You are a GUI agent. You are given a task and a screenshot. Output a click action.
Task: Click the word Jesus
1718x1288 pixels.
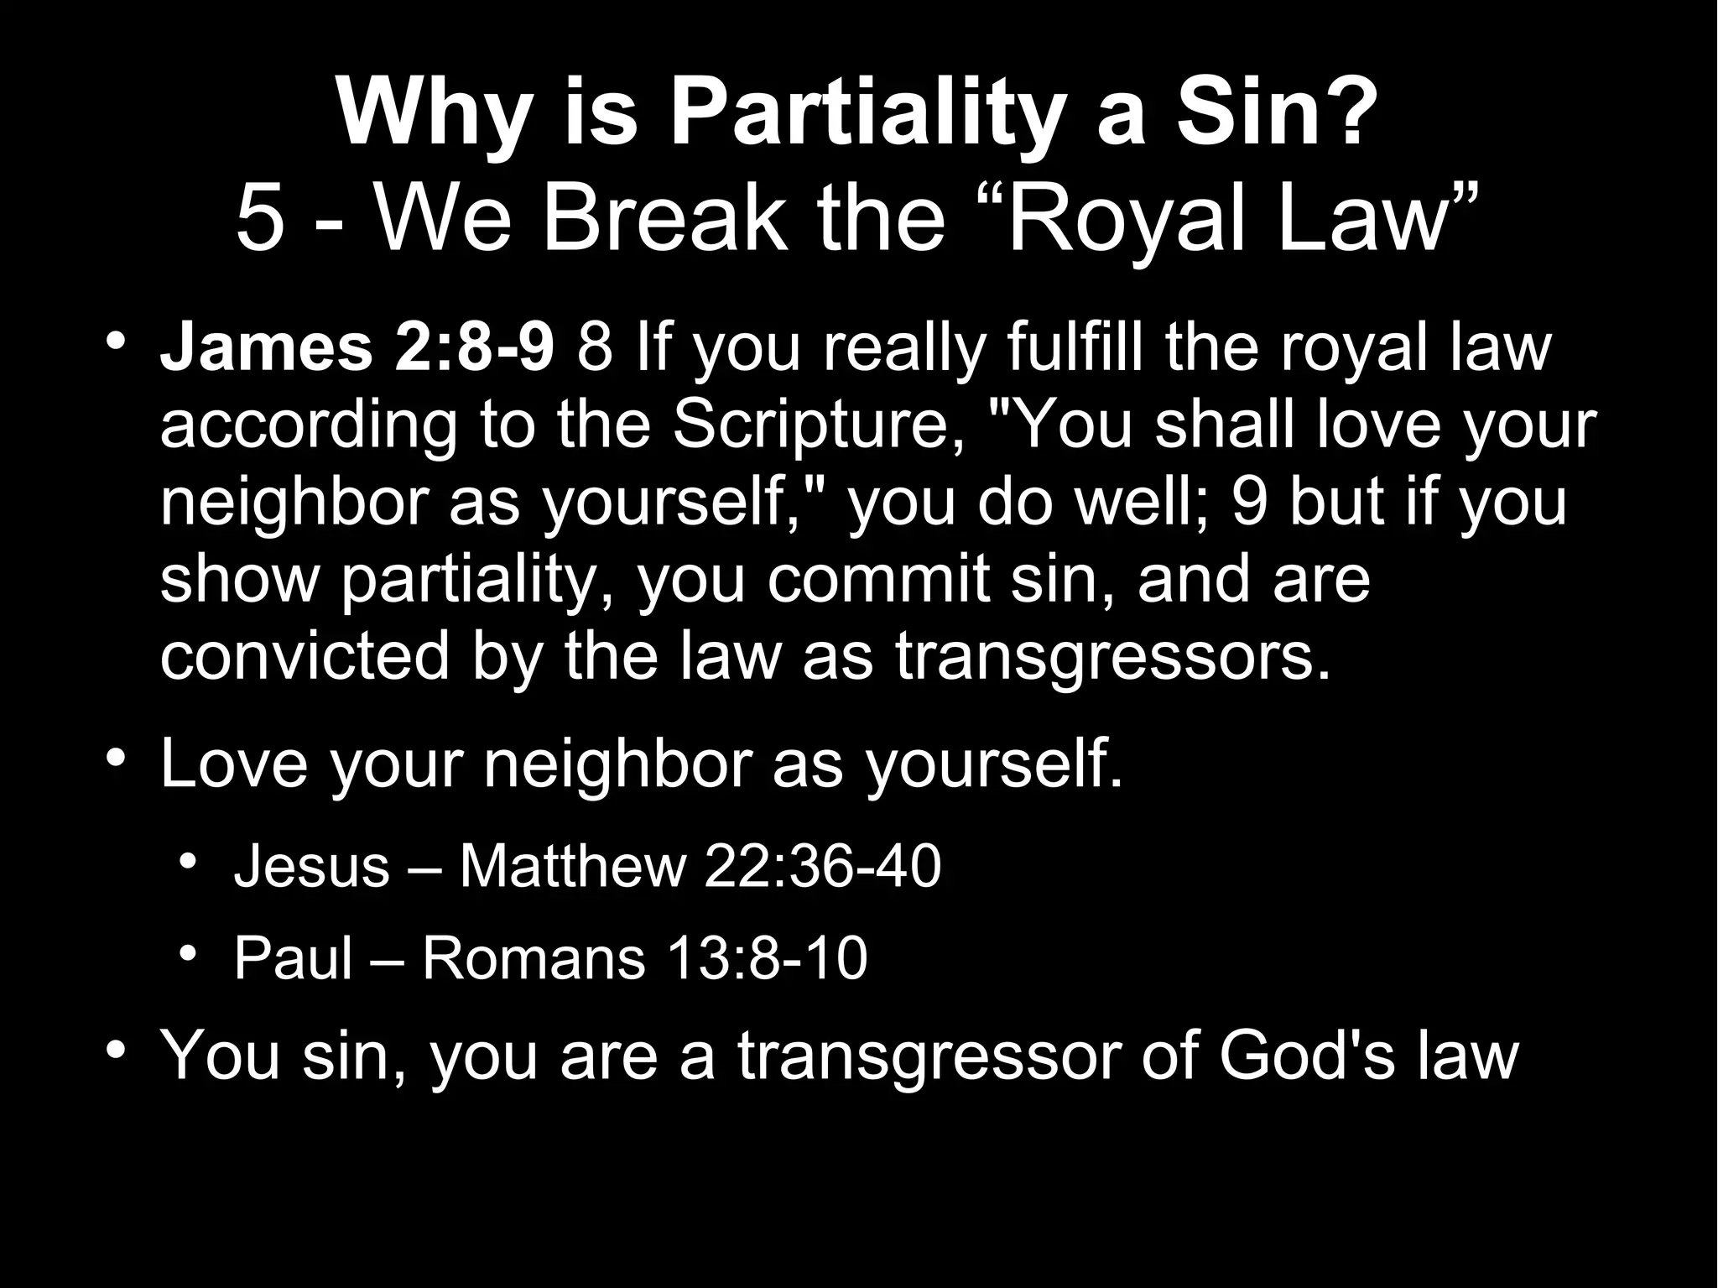(x=311, y=866)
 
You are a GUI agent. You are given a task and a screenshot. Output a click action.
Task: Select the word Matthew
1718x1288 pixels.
(x=573, y=866)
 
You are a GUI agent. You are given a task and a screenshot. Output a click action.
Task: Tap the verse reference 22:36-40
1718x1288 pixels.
(x=822, y=866)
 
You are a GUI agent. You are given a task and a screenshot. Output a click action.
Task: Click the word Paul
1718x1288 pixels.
(x=293, y=957)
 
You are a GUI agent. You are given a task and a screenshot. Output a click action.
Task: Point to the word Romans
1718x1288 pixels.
(x=534, y=957)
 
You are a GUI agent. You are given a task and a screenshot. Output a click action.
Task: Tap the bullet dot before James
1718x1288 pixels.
(x=117, y=343)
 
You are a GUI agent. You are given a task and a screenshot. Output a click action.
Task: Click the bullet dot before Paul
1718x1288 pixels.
(x=190, y=954)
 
